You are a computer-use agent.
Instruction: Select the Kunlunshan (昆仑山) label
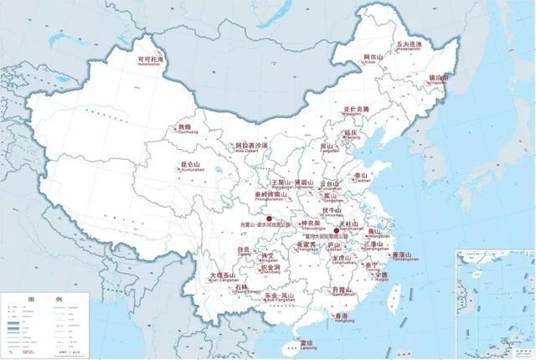coord(192,165)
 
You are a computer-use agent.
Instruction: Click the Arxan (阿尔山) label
coord(373,58)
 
